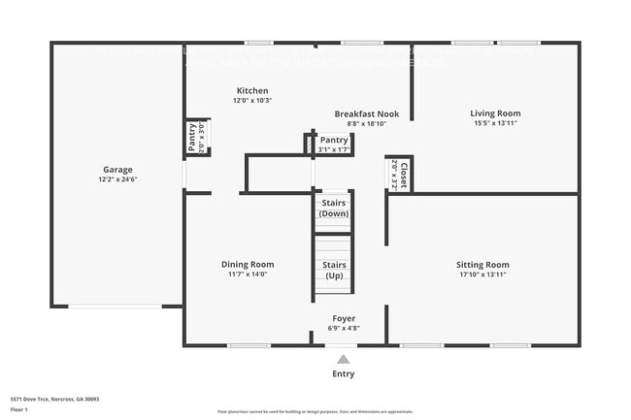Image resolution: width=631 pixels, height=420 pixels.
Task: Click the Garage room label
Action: [x=118, y=169]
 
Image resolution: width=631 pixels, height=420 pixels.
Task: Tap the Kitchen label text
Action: [x=251, y=90]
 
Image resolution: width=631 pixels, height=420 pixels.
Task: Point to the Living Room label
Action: [x=495, y=113]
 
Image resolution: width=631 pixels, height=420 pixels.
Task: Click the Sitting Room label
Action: [x=482, y=265]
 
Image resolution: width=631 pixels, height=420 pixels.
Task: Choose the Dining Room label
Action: [x=248, y=264]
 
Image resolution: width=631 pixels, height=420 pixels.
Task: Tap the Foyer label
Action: [x=344, y=318]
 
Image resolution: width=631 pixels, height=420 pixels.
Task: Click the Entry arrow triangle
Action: [x=344, y=358]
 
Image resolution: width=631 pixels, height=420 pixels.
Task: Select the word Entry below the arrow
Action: [x=344, y=373]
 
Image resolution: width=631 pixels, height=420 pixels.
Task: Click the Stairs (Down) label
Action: [x=334, y=209]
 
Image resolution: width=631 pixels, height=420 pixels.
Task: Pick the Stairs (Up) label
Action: [x=334, y=270]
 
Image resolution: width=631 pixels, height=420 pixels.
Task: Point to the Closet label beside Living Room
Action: [x=404, y=176]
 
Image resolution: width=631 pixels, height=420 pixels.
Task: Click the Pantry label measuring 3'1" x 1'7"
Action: [x=334, y=141]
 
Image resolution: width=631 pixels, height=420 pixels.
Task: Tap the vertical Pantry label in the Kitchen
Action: [x=193, y=137]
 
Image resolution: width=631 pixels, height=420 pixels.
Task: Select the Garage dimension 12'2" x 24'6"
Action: [x=118, y=179]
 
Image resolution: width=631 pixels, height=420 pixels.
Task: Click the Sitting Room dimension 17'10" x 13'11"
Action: [x=482, y=275]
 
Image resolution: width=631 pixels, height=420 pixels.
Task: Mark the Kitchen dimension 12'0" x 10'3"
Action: [x=251, y=100]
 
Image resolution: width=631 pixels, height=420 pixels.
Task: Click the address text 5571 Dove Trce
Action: [x=54, y=399]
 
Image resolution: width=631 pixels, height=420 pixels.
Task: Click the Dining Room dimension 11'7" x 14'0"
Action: [x=248, y=275]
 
